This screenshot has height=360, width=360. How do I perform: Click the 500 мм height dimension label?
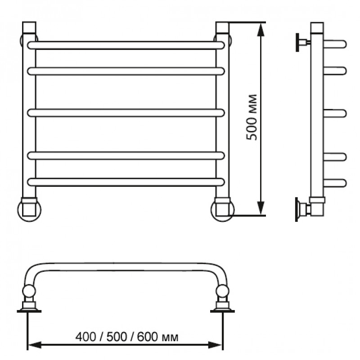pyautogui.click(x=252, y=117)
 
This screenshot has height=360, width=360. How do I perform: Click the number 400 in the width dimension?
pyautogui.click(x=85, y=337)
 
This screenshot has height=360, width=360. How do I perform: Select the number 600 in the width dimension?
pyautogui.click(x=148, y=337)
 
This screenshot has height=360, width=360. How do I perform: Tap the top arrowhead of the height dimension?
pyautogui.click(x=261, y=30)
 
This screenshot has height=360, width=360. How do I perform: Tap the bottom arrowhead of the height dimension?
pyautogui.click(x=261, y=208)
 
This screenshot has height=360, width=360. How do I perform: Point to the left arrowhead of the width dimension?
pyautogui.click(x=35, y=344)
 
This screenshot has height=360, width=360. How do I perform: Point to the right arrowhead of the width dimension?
pyautogui.click(x=216, y=344)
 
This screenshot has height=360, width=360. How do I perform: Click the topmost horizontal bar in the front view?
pyautogui.click(x=126, y=45)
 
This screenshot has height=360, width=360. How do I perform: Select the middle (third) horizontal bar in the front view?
pyautogui.click(x=126, y=113)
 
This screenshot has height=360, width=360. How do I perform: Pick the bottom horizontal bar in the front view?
pyautogui.click(x=126, y=182)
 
